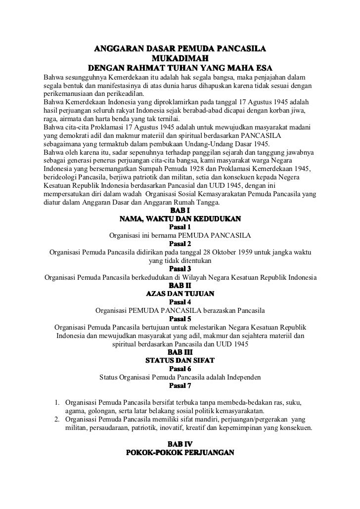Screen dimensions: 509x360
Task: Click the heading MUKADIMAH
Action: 180,59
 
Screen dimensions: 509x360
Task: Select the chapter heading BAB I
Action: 180,210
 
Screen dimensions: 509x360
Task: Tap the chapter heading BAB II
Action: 180,285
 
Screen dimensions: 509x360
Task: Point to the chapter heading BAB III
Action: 180,352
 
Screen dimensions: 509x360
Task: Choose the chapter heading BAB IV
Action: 180,444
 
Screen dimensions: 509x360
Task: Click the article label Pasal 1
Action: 180,226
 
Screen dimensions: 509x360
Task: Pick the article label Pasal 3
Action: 180,268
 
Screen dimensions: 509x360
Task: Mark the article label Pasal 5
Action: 180,319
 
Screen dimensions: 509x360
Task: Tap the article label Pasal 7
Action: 180,386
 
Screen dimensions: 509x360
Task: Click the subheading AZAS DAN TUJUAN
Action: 180,294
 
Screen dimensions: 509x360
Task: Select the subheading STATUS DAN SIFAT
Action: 180,361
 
